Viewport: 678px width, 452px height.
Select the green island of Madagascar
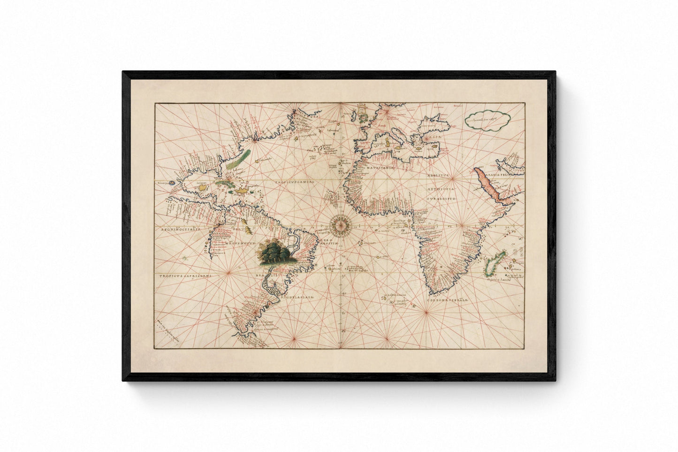(x=492, y=266)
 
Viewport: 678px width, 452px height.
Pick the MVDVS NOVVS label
(x=239, y=244)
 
